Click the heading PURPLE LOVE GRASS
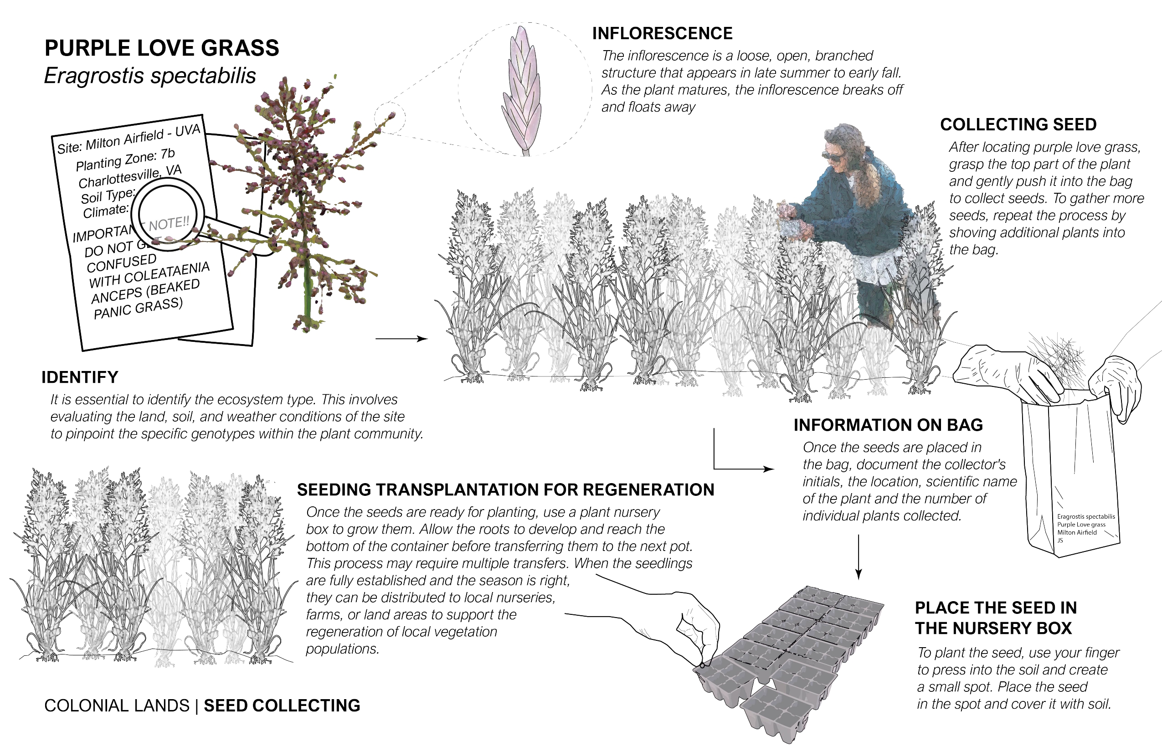click(162, 48)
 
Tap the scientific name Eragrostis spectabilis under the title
click(150, 76)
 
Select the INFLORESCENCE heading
click(662, 33)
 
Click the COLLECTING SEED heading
click(1018, 124)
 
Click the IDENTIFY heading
click(80, 377)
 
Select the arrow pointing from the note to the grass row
click(401, 338)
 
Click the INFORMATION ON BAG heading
click(888, 425)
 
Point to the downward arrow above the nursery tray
click(859, 557)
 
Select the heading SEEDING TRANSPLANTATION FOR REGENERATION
click(505, 490)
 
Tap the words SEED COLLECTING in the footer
click(282, 706)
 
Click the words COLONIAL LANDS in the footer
click(117, 706)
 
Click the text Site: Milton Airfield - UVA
click(129, 139)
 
